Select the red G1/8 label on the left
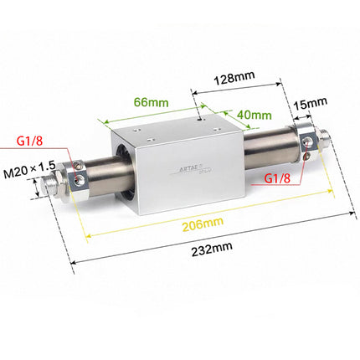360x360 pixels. tap(29, 143)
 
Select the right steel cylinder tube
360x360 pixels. tap(268, 144)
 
